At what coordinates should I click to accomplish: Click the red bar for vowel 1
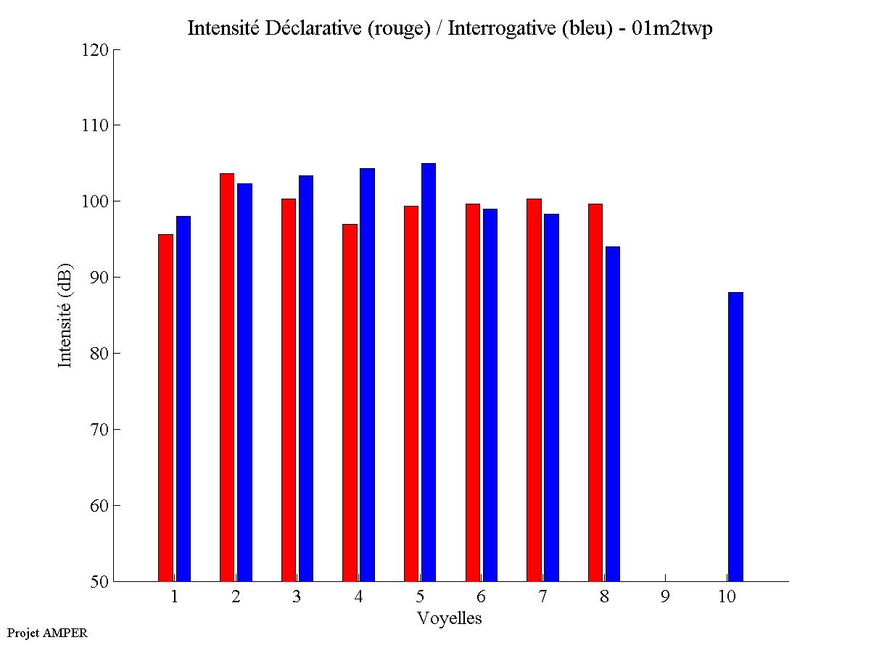(x=165, y=407)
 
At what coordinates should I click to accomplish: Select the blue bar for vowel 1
(x=183, y=399)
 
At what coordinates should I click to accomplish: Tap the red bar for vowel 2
(x=227, y=377)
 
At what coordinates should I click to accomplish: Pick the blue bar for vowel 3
(x=306, y=378)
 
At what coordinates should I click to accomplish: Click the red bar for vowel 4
(x=350, y=402)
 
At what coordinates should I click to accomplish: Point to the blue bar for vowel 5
(x=429, y=372)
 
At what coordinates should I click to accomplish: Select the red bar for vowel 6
(x=473, y=392)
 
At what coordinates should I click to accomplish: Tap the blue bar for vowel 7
(x=551, y=397)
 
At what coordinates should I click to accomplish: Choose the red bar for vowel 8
(x=595, y=392)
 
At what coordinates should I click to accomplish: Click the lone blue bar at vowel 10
(x=735, y=436)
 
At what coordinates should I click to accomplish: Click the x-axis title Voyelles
(x=449, y=618)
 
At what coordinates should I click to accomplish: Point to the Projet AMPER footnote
(x=47, y=633)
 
